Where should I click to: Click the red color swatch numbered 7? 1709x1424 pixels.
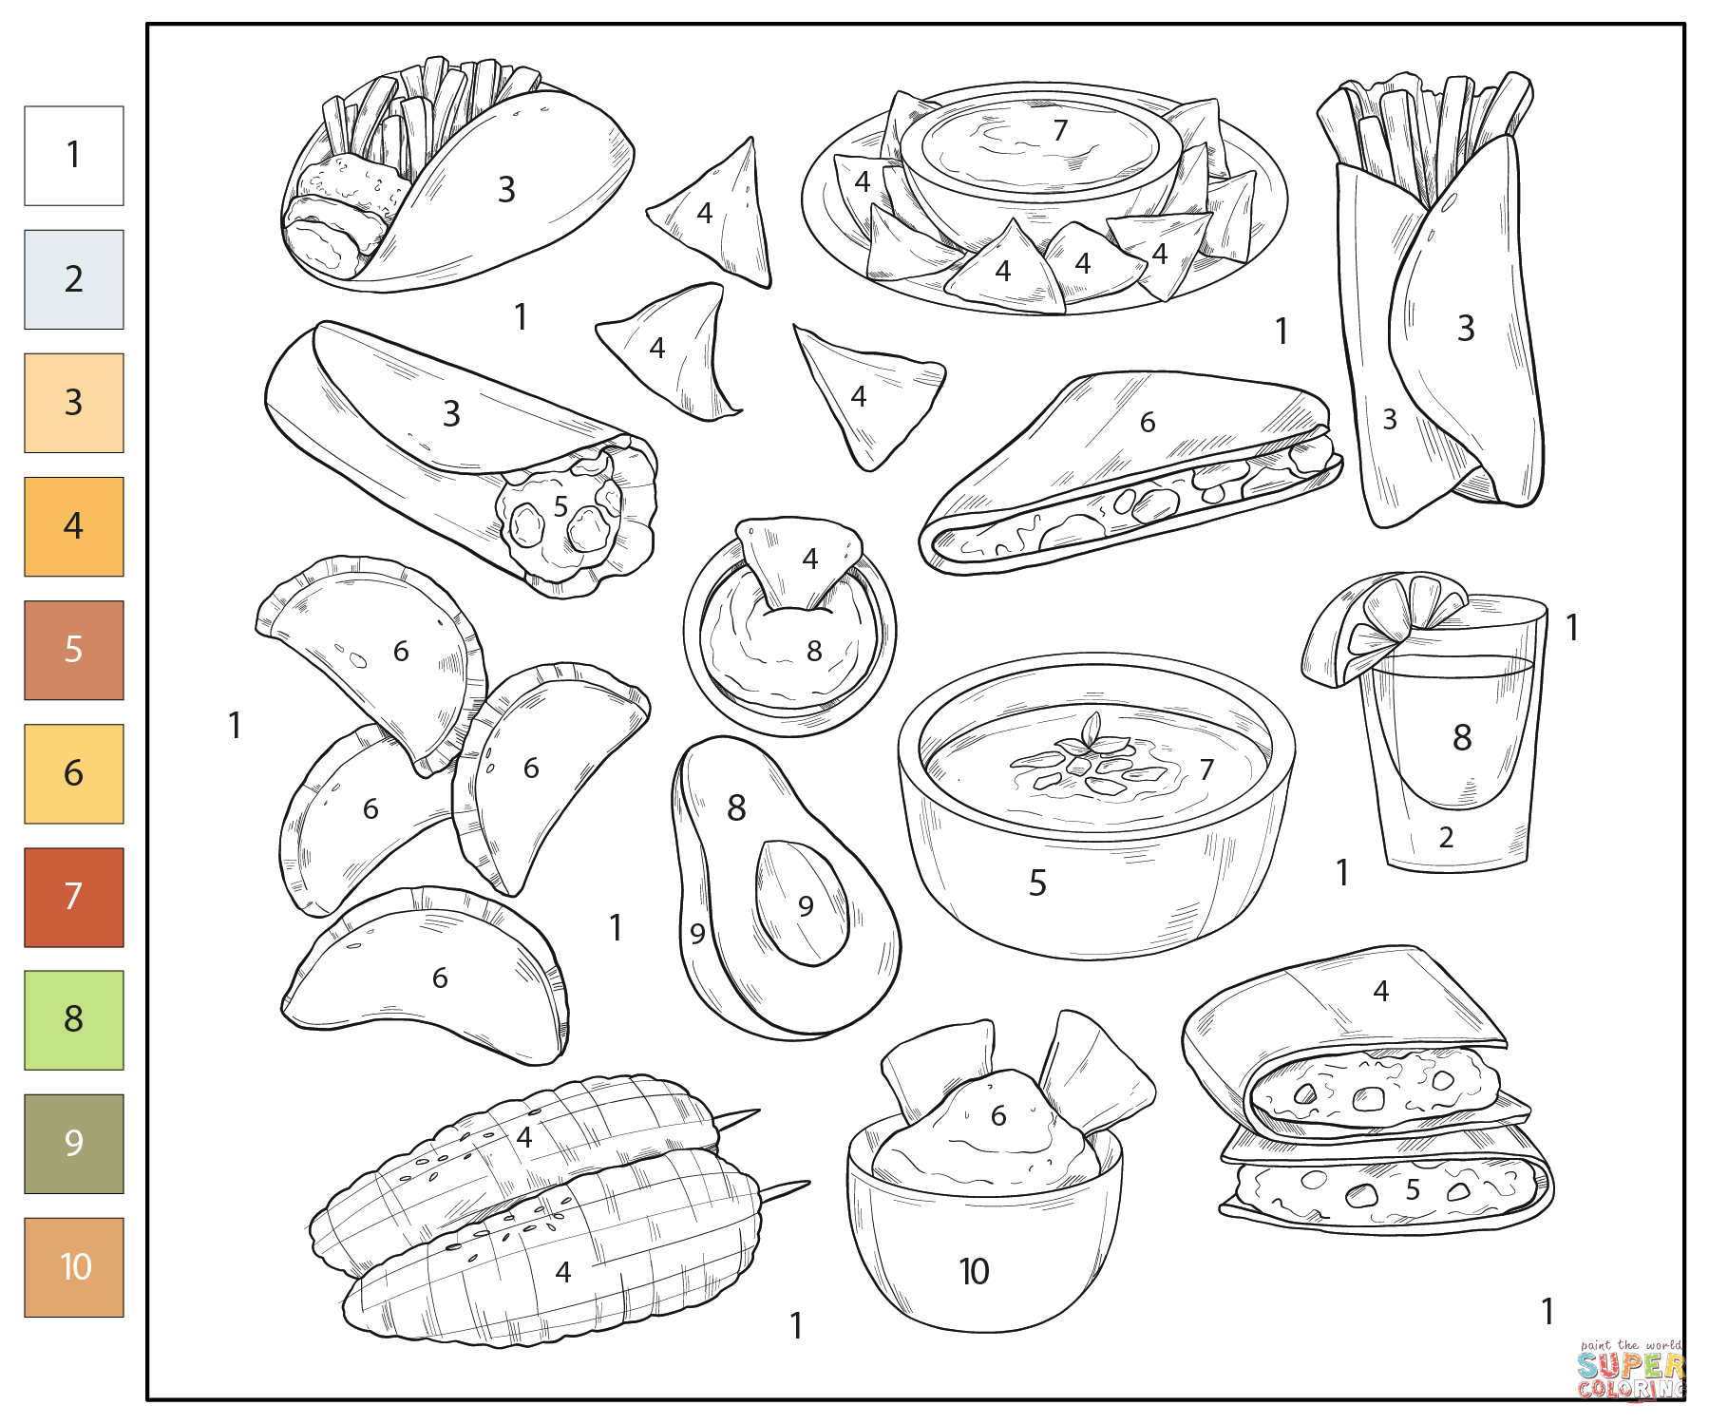pyautogui.click(x=73, y=897)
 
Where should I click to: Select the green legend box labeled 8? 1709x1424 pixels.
pyautogui.click(x=73, y=1019)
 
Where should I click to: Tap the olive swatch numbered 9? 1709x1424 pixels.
pyautogui.click(x=73, y=1143)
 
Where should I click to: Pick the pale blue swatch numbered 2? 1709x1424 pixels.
pyautogui.click(x=73, y=279)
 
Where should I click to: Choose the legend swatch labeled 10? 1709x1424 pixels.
pyautogui.click(x=73, y=1266)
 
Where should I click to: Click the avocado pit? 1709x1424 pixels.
pyautogui.click(x=801, y=902)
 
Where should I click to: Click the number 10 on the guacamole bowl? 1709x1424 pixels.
pyautogui.click(x=974, y=1271)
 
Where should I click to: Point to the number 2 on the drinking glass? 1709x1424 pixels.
pyautogui.click(x=1446, y=837)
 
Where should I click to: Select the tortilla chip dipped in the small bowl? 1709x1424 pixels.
pyautogui.click(x=798, y=560)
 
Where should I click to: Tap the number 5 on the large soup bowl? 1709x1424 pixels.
pyautogui.click(x=1037, y=883)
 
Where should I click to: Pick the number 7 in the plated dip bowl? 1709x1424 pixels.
pyautogui.click(x=1060, y=130)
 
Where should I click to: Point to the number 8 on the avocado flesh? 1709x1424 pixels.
pyautogui.click(x=736, y=808)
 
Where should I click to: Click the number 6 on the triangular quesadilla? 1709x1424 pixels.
pyautogui.click(x=1148, y=422)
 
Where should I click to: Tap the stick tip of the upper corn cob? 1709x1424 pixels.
pyautogui.click(x=750, y=1112)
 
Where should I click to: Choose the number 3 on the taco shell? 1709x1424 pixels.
pyautogui.click(x=506, y=190)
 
